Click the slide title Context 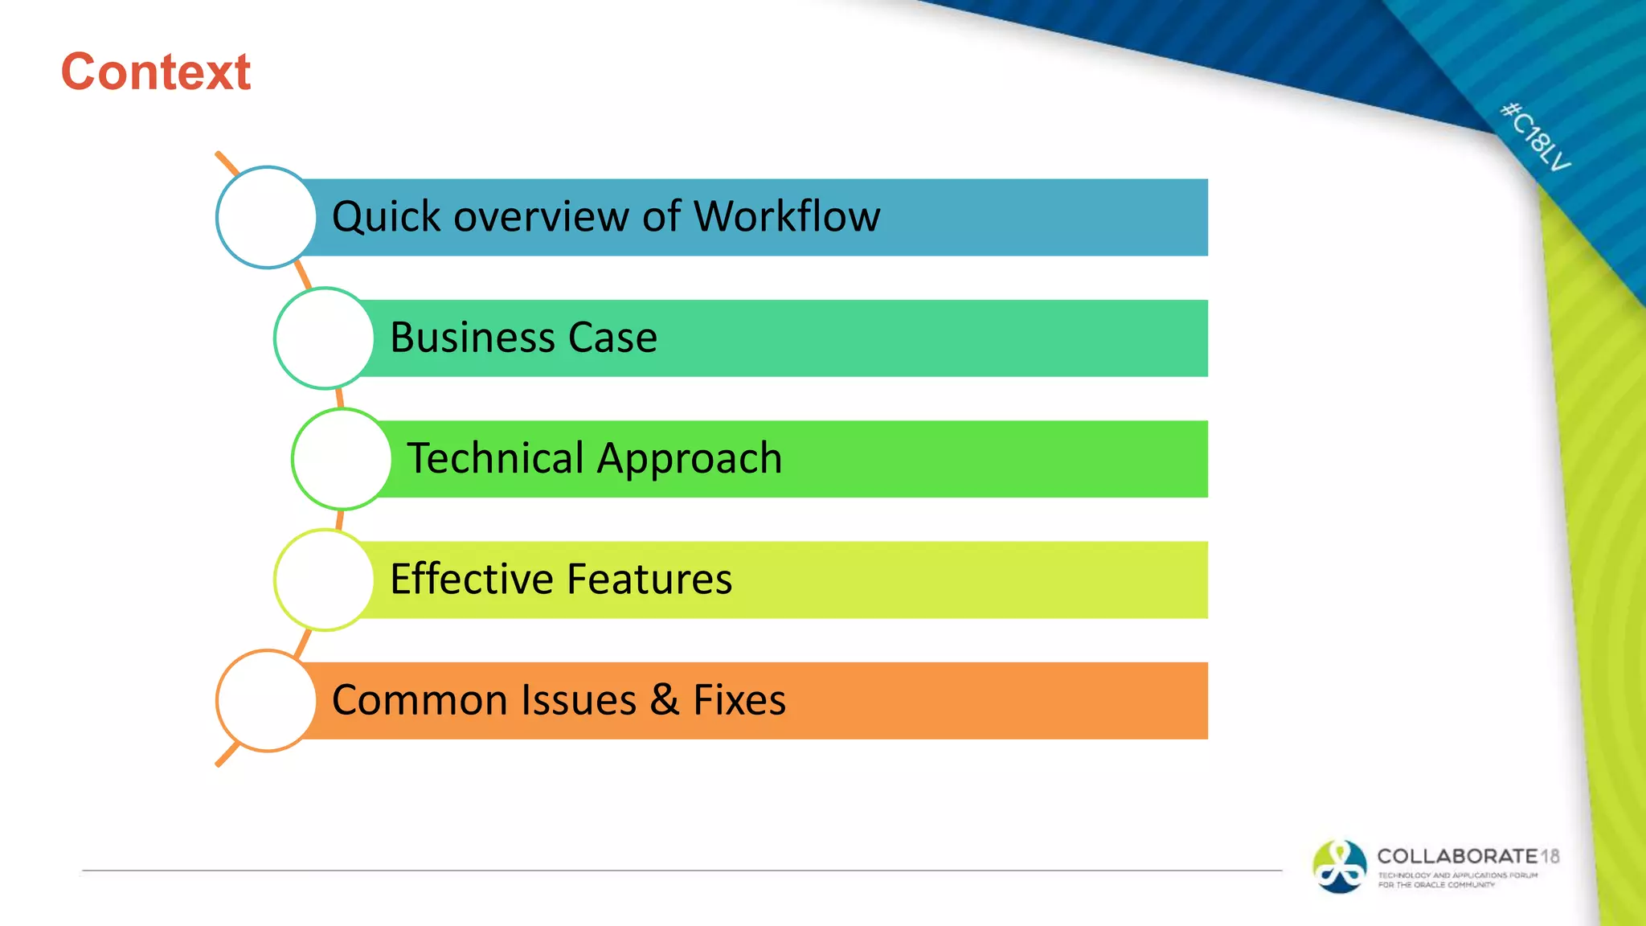(156, 72)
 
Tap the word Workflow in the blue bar (787, 217)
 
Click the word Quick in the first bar (387, 218)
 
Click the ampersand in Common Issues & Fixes (665, 699)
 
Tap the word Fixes (739, 700)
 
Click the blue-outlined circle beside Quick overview (266, 217)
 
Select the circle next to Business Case (324, 338)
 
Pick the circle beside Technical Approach (342, 458)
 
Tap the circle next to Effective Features (324, 579)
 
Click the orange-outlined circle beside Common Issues (266, 700)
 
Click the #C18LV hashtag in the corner (1535, 137)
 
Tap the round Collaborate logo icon (1339, 866)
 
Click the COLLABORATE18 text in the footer (1468, 856)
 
